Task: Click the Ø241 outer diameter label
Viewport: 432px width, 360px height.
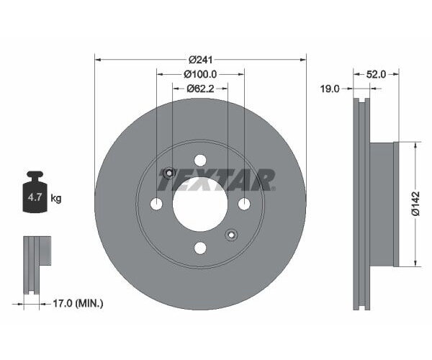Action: click(200, 59)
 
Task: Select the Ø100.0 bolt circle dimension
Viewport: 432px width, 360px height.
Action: click(200, 74)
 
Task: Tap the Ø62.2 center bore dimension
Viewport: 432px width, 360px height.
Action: click(200, 89)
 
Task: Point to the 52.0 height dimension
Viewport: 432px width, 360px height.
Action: click(377, 74)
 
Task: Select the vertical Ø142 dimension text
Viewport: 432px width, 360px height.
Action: click(415, 204)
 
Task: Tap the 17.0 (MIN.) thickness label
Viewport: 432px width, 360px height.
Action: click(78, 304)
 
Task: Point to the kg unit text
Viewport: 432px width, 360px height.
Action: click(56, 198)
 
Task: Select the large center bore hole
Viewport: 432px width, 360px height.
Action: click(200, 204)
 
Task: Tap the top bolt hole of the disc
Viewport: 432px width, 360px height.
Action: click(200, 160)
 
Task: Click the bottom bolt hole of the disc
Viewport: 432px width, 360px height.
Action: click(200, 248)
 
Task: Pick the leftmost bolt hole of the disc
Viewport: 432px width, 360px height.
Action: click(156, 204)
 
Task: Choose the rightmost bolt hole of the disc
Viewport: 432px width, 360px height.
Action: click(244, 204)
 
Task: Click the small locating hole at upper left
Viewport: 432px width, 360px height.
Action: click(169, 173)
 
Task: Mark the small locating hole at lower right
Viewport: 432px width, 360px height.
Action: click(231, 235)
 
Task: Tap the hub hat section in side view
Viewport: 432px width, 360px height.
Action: click(383, 204)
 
